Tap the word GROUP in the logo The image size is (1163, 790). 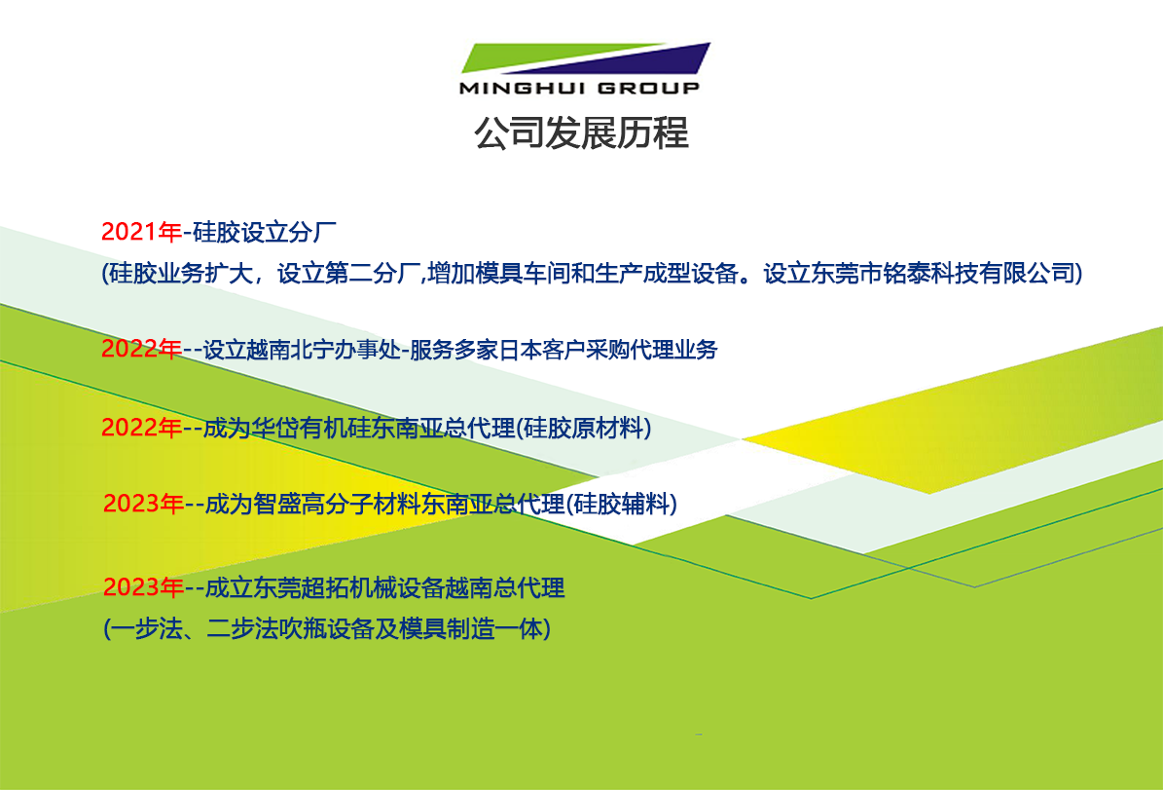(648, 88)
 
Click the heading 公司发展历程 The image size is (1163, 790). (582, 132)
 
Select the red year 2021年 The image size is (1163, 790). (142, 233)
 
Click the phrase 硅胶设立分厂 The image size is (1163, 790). (264, 233)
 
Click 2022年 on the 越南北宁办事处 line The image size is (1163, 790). (142, 349)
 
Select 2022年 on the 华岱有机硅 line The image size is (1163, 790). (142, 428)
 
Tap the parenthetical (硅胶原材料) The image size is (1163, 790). (583, 428)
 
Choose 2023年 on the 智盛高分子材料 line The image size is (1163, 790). (144, 505)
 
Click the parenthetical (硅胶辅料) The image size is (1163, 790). (622, 505)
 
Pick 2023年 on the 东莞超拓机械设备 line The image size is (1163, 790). (144, 588)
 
